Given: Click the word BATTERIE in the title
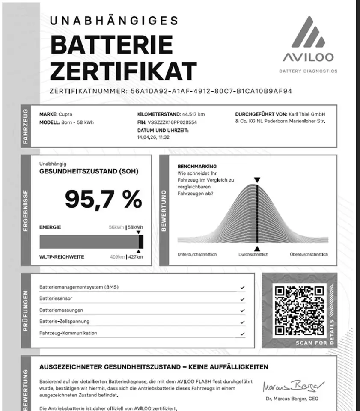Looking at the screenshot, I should pos(111,45).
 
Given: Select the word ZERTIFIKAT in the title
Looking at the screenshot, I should pos(123,71).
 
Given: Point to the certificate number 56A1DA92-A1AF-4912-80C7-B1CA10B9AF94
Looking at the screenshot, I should pos(210,91).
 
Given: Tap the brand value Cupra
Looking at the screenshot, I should pos(65,114).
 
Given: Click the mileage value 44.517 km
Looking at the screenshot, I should pos(193,114).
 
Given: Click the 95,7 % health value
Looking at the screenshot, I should pos(103,199).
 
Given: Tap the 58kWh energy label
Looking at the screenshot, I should pos(136,227).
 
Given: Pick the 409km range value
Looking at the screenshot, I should pos(117,257).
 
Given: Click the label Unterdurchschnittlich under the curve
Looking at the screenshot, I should pos(197,254).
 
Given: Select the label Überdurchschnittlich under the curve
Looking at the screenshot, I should pos(309,254).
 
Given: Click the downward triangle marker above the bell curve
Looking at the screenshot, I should pos(256,180).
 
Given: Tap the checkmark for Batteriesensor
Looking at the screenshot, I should pos(243,299).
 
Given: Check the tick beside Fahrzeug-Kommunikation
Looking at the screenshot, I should pos(243,333).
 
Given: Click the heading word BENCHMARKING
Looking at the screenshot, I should pos(197,166).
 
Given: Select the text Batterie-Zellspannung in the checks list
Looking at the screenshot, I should pos(64,321).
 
